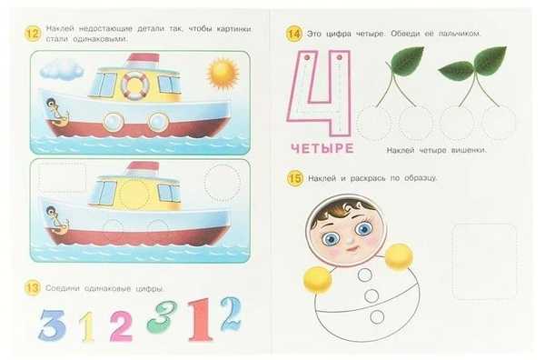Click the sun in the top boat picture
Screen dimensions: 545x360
[223, 74]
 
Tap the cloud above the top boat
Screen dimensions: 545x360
[62, 69]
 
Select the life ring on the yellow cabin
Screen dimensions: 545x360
[134, 85]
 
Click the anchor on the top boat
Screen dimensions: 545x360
[58, 114]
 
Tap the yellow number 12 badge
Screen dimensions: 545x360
[33, 34]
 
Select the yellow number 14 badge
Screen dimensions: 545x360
[294, 34]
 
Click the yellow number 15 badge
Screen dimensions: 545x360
[295, 179]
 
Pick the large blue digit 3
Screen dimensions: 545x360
[52, 325]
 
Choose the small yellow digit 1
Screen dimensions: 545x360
[87, 326]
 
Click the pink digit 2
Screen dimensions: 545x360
[121, 326]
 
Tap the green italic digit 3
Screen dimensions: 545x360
[162, 317]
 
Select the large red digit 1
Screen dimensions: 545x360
[200, 320]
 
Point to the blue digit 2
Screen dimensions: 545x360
[231, 314]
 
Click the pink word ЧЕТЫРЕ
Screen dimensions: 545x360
[322, 148]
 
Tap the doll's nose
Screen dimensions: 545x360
[351, 239]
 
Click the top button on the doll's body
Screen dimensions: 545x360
[365, 275]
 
